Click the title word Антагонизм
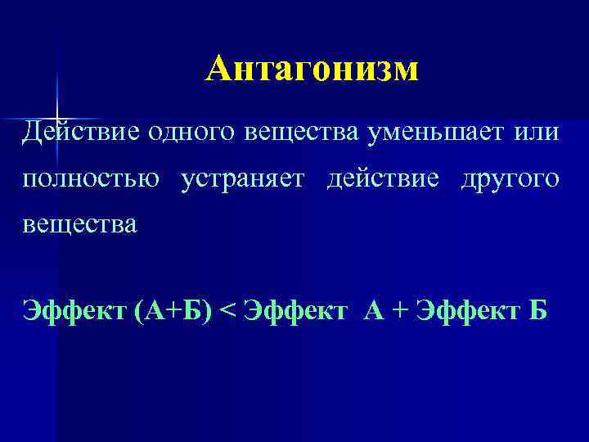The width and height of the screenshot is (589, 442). pos(312,70)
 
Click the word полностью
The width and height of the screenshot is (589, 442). pos(92,178)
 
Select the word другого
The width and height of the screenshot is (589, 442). pos(510,178)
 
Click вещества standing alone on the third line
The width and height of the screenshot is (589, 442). pos(81,223)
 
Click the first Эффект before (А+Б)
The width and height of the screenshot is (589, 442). pos(70,311)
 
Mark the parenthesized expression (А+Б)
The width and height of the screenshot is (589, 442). pos(161,311)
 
